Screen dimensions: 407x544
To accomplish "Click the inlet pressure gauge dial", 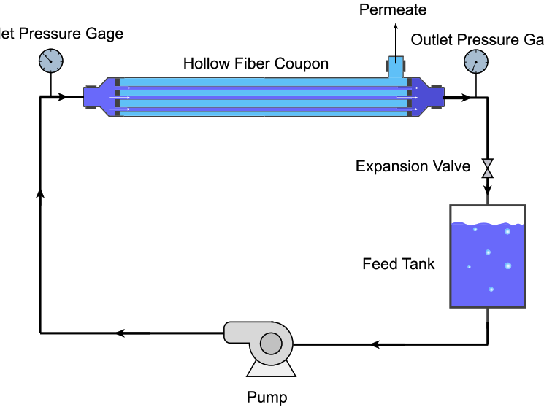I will [x=50, y=61].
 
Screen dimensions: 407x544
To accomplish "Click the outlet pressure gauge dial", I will [x=476, y=63].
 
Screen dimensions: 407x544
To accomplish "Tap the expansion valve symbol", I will [x=487, y=168].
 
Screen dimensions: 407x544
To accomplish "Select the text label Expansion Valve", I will [x=413, y=167].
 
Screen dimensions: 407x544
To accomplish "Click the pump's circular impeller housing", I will [x=271, y=343].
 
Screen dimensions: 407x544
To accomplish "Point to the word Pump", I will [x=267, y=398].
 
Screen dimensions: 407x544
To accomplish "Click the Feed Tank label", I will [x=398, y=264].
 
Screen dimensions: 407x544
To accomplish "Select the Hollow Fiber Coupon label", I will [x=256, y=63].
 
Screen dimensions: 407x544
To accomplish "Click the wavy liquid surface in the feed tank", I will [x=487, y=224].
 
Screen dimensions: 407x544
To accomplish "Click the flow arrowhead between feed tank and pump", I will [x=377, y=343].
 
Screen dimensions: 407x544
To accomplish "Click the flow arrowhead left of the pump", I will [x=121, y=333].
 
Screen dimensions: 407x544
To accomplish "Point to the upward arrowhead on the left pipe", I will [x=40, y=198].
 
